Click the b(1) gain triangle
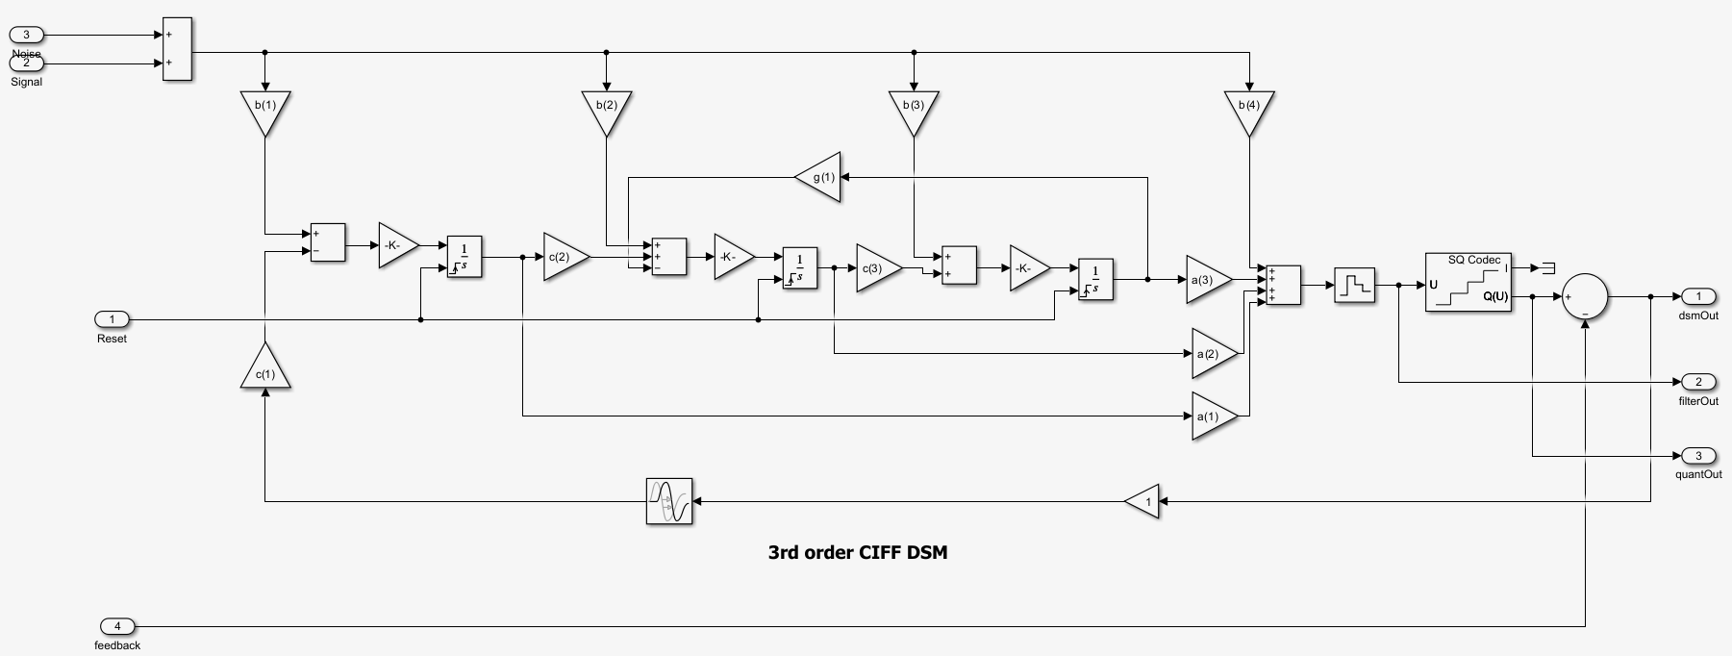coord(265,110)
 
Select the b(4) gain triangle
coord(1249,110)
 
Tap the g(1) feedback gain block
coord(820,177)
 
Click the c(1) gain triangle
coord(265,369)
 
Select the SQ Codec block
coord(1468,282)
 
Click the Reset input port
coord(113,319)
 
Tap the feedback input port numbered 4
coord(117,626)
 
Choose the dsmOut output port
coord(1698,296)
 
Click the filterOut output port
coord(1698,382)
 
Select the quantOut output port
coord(1698,455)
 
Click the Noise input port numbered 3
coord(27,36)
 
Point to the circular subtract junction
coord(1584,296)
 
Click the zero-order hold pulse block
coord(1354,285)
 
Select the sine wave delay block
coord(669,501)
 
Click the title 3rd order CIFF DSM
coord(857,552)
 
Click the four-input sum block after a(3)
coord(1283,285)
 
